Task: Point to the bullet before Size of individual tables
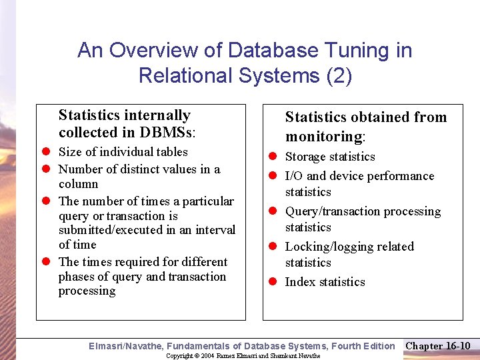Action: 43,153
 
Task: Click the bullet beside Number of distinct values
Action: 43,170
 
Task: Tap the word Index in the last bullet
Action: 300,282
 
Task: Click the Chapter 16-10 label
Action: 438,345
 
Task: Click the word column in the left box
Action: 78,184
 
